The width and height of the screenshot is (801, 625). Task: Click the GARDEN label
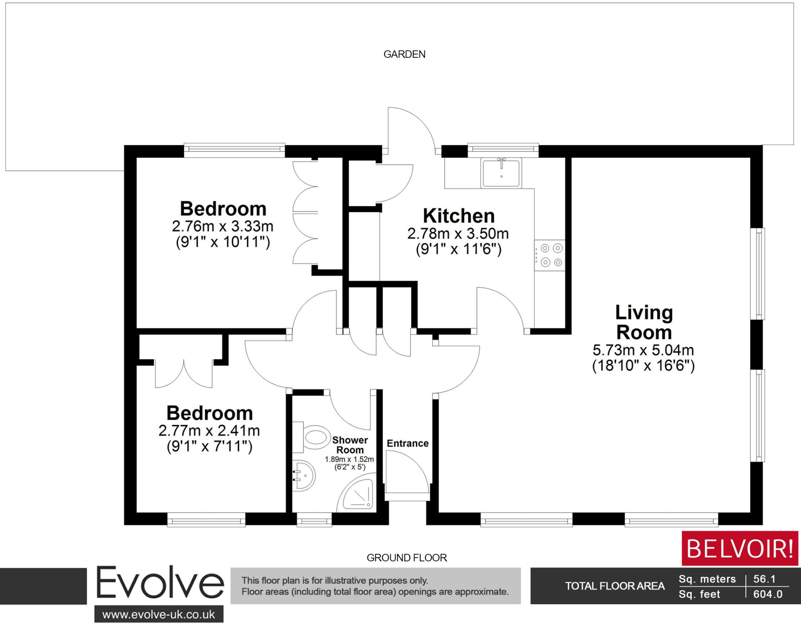pyautogui.click(x=404, y=54)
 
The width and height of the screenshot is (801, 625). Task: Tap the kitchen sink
pyautogui.click(x=501, y=173)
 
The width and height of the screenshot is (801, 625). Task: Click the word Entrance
pyautogui.click(x=408, y=443)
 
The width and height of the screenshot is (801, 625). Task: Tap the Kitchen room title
pyautogui.click(x=458, y=216)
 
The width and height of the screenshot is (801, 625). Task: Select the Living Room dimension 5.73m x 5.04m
pyautogui.click(x=643, y=349)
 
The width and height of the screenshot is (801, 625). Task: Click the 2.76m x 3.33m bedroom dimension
pyautogui.click(x=223, y=226)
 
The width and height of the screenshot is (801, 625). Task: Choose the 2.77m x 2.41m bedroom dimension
pyautogui.click(x=209, y=430)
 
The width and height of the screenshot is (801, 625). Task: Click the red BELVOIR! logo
pyautogui.click(x=740, y=548)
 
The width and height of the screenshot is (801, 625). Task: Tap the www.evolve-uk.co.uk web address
pyautogui.click(x=158, y=614)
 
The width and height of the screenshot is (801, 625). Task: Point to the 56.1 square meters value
pyautogui.click(x=764, y=579)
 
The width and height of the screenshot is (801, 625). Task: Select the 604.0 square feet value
pyautogui.click(x=767, y=594)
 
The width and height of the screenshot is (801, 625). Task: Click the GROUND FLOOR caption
pyautogui.click(x=406, y=558)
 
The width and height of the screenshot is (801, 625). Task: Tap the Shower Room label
pyautogui.click(x=350, y=445)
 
